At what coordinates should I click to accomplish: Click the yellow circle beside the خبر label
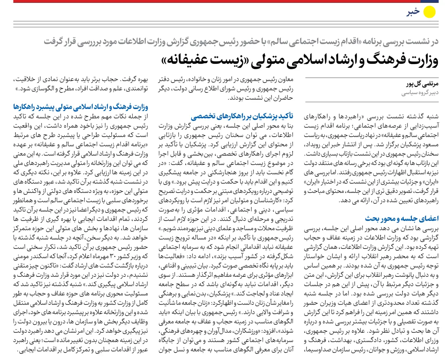(430, 12)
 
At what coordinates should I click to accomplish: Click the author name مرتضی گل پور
(422, 84)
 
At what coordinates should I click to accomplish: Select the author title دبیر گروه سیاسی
(420, 93)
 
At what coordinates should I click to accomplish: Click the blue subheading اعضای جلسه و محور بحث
(401, 218)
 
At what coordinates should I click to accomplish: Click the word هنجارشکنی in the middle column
(218, 172)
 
